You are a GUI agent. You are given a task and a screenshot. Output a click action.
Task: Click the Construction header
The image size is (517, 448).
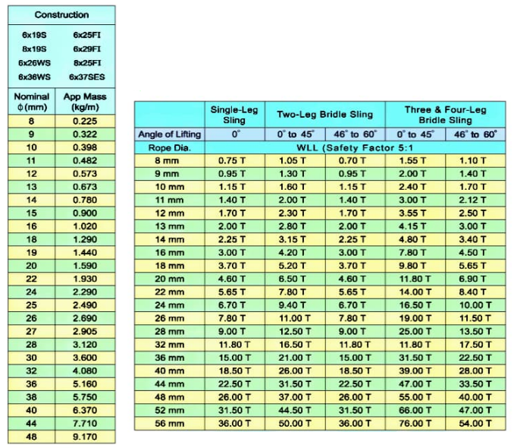(61, 14)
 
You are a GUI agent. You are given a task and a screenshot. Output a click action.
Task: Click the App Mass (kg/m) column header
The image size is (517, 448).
(85, 102)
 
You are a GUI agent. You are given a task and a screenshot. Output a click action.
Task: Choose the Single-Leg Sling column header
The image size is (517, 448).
(234, 115)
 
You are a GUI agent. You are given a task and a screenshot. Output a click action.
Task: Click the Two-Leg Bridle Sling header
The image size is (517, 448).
(324, 115)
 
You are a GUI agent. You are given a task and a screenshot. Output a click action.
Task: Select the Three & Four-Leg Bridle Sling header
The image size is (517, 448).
(443, 115)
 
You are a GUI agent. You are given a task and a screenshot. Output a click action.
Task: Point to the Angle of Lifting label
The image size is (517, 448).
(170, 134)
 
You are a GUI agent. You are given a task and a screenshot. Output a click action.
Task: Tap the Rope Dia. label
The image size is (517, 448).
(170, 147)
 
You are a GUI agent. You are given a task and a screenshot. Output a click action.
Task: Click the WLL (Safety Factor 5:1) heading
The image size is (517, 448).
(353, 147)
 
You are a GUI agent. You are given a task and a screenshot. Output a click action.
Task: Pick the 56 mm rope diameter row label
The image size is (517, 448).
(170, 423)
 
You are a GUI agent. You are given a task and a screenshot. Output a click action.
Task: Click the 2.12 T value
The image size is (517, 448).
(473, 200)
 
